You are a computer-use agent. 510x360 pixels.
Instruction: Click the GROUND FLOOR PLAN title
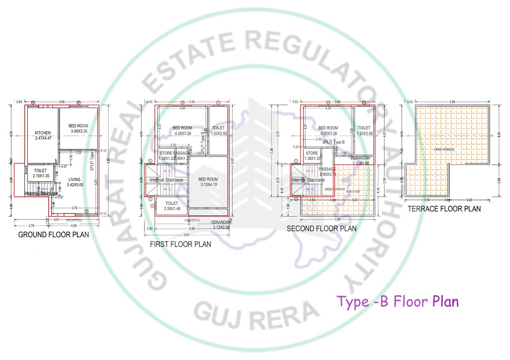point(54,235)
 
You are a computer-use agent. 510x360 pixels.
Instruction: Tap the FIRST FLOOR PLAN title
point(181,245)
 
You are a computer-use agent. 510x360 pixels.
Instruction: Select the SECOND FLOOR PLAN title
point(321,228)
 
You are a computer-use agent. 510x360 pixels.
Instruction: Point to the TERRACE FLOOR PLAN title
point(444,209)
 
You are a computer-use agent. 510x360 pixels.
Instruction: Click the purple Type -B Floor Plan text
point(398,302)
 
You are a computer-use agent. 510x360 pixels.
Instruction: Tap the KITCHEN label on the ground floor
point(42,132)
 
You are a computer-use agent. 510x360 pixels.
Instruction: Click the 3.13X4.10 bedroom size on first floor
point(208,185)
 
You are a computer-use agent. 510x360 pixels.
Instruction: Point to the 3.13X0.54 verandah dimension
point(221,227)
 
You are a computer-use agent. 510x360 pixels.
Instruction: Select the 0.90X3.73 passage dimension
point(328,174)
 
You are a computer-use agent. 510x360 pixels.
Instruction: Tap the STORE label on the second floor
point(312,153)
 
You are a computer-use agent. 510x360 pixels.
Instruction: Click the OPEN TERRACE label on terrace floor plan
point(444,149)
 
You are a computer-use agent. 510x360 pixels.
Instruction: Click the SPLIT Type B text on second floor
point(333,142)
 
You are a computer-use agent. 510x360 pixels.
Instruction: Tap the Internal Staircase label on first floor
point(166,180)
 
